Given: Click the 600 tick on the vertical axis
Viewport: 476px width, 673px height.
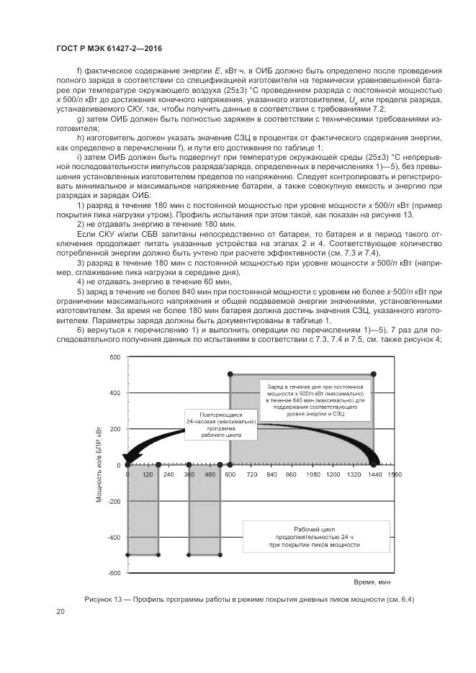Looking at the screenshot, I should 115,358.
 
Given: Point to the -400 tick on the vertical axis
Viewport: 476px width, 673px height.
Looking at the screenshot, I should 113,538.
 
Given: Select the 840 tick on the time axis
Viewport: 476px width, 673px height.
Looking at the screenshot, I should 271,475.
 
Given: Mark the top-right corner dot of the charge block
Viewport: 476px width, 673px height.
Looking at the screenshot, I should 373,374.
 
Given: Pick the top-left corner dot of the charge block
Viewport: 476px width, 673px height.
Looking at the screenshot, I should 230,374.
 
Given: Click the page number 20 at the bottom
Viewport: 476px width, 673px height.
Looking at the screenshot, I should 60,612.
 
